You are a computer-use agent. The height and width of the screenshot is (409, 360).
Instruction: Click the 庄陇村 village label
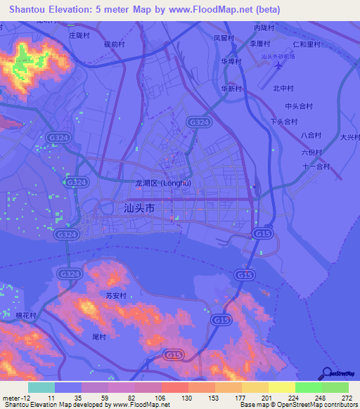click(x=80, y=34)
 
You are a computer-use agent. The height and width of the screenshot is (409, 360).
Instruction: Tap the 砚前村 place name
click(x=114, y=44)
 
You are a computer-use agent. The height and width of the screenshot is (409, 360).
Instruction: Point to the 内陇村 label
click(x=262, y=27)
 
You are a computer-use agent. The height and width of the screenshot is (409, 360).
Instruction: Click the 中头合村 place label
click(x=298, y=106)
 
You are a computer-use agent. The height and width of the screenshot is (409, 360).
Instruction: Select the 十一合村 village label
click(x=316, y=167)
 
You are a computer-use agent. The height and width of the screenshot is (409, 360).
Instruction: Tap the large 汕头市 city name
click(x=139, y=208)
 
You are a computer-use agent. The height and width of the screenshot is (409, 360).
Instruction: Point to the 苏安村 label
click(x=115, y=296)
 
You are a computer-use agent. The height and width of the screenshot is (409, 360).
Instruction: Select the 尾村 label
click(x=98, y=337)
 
